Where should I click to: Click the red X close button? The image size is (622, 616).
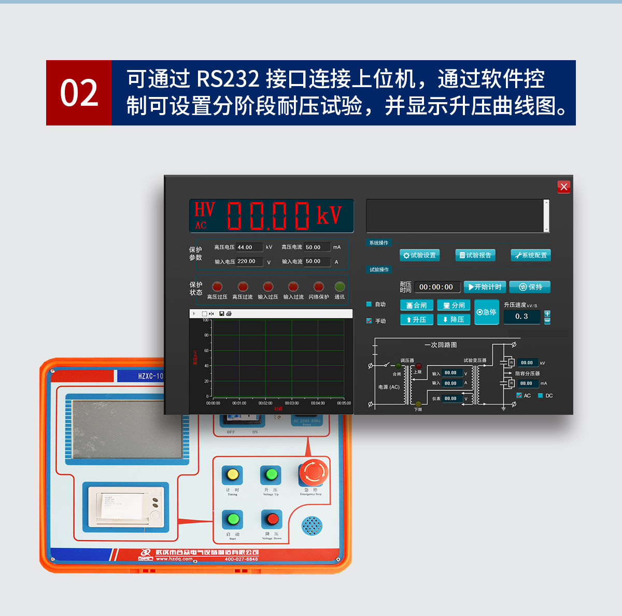(564, 187)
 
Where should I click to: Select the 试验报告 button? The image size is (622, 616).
(475, 255)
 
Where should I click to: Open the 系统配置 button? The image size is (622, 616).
(531, 255)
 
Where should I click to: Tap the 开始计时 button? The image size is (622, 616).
(485, 287)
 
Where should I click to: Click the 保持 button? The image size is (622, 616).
(530, 287)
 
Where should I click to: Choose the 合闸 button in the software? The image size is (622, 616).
(417, 305)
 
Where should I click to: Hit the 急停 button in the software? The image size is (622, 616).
(487, 312)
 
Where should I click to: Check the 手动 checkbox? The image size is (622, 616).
(369, 321)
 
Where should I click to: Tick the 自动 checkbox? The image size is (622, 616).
(369, 304)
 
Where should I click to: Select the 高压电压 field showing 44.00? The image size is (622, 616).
(249, 247)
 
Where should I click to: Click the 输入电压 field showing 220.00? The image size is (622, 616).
(249, 261)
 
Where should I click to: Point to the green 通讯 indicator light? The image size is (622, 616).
(340, 287)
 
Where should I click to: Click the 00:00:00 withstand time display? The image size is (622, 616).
(436, 287)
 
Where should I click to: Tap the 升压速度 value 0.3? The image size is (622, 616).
(521, 316)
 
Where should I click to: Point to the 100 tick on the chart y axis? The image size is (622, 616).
(205, 320)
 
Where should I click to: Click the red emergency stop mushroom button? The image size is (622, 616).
(313, 472)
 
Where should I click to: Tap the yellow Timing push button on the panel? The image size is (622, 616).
(233, 474)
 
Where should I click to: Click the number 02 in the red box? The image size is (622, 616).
(79, 93)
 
